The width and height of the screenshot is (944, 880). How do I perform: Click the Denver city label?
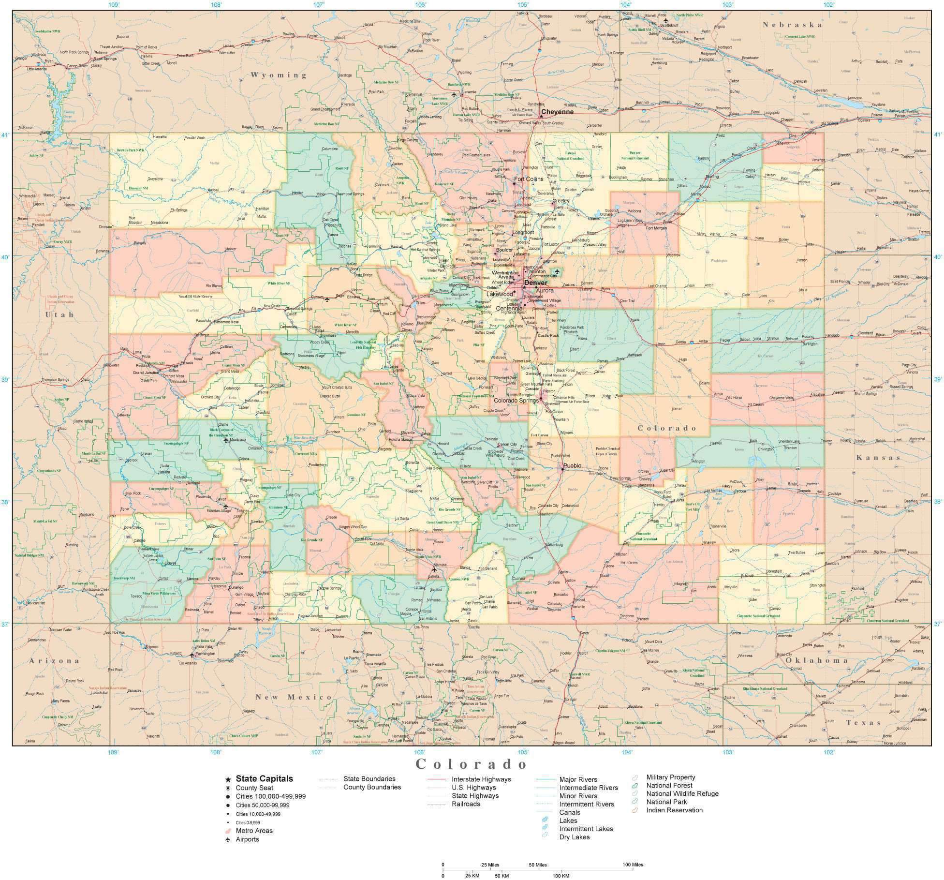pos(535,283)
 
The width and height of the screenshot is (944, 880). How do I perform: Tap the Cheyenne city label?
pos(557,112)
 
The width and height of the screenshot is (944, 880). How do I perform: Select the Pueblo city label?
pos(573,466)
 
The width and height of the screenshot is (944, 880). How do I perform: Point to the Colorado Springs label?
pos(516,401)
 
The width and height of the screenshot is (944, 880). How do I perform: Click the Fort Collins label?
pos(529,179)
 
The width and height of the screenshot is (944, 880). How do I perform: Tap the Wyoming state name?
pos(279,75)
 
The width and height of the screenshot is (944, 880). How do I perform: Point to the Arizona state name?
pos(54,660)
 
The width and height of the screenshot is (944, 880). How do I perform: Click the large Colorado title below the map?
pos(472,764)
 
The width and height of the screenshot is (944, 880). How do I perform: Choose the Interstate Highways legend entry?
pos(481,779)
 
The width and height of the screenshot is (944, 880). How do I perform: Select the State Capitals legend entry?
pos(264,778)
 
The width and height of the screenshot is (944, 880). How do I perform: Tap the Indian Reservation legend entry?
pos(674,810)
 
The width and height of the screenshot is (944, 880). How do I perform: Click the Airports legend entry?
pos(247,839)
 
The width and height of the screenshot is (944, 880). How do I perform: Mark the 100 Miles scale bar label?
pos(633,865)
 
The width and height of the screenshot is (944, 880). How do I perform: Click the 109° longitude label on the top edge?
pos(114,4)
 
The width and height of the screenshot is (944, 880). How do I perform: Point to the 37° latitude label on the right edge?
pos(938,624)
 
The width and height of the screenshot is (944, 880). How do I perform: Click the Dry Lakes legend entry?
pos(574,837)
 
